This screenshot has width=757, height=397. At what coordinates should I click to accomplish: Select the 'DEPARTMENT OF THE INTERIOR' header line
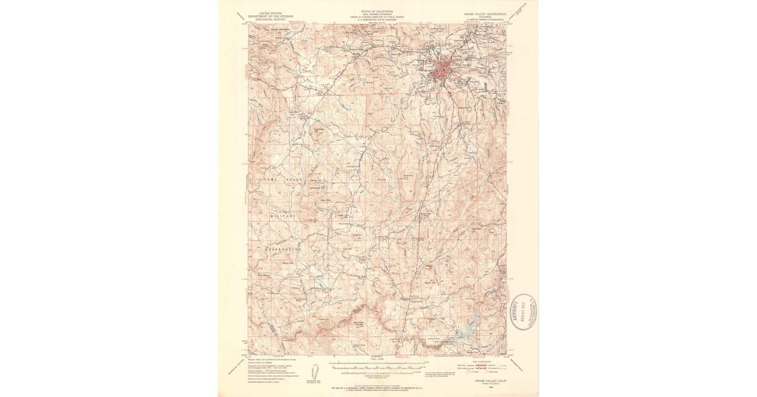click(x=270, y=15)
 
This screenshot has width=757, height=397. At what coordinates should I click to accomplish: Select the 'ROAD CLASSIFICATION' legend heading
click(x=476, y=361)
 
